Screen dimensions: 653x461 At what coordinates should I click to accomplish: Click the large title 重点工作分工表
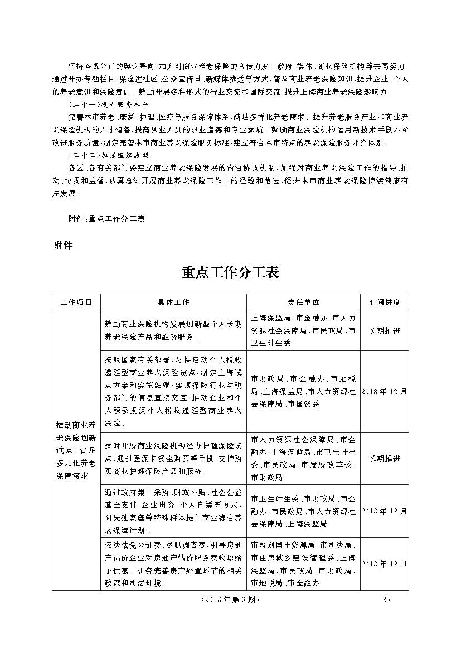pyautogui.click(x=230, y=272)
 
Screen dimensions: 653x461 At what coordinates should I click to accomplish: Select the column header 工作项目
pyautogui.click(x=76, y=302)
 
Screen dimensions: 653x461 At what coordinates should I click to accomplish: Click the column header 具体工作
pyautogui.click(x=174, y=302)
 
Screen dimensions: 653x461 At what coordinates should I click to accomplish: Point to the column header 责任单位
pyautogui.click(x=303, y=302)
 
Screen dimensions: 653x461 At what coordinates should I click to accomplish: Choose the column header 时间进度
pyautogui.click(x=384, y=302)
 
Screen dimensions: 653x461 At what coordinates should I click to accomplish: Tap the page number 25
pyautogui.click(x=388, y=599)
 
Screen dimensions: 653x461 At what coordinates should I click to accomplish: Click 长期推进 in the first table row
pyautogui.click(x=384, y=330)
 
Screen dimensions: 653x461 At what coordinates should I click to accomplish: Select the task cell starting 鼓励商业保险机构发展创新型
pyautogui.click(x=174, y=330)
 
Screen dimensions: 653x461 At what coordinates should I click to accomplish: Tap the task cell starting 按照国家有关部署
pyautogui.click(x=174, y=391)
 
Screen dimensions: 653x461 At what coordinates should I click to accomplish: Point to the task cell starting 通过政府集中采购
pyautogui.click(x=174, y=511)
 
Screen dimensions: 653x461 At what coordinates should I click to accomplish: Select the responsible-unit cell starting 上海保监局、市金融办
pyautogui.click(x=303, y=330)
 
